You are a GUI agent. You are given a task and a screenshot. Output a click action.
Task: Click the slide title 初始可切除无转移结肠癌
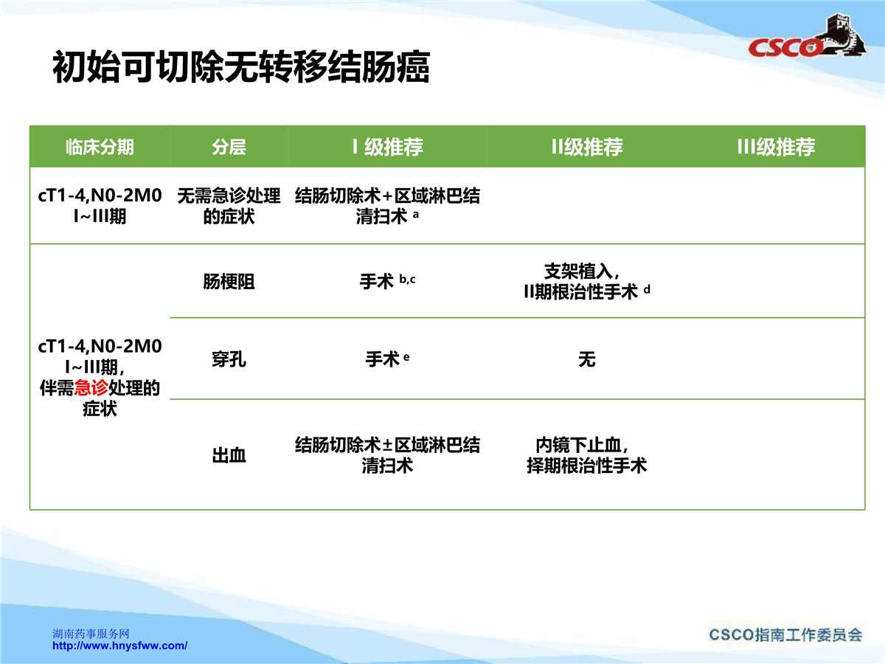pyautogui.click(x=241, y=67)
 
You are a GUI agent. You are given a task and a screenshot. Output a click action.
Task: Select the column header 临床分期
pyautogui.click(x=100, y=147)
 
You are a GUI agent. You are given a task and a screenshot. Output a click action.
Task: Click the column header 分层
pyautogui.click(x=229, y=147)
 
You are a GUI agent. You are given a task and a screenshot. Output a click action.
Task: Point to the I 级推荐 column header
pyautogui.click(x=388, y=147)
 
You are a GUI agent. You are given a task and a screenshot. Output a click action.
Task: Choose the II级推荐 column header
pyautogui.click(x=587, y=147)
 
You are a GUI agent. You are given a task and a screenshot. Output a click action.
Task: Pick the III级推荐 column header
pyautogui.click(x=776, y=147)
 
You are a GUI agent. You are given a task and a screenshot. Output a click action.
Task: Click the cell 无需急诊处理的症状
pyautogui.click(x=229, y=206)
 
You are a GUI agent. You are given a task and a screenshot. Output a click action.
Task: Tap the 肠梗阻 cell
pyautogui.click(x=229, y=282)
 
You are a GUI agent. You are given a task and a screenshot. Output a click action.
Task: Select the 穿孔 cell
pyautogui.click(x=229, y=359)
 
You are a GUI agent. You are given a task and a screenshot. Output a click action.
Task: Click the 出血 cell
pyautogui.click(x=229, y=455)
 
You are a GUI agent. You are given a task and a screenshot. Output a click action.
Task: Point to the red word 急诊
pyautogui.click(x=91, y=388)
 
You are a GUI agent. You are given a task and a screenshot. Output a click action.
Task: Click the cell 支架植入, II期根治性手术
pyautogui.click(x=586, y=281)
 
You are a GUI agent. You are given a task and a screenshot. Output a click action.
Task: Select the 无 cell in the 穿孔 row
pyautogui.click(x=587, y=359)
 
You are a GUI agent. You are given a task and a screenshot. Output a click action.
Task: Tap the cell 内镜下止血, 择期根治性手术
pyautogui.click(x=586, y=455)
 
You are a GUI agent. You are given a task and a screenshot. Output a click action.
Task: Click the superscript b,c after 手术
pyautogui.click(x=407, y=279)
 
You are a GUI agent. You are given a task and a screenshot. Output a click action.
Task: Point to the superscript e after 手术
pyautogui.click(x=406, y=357)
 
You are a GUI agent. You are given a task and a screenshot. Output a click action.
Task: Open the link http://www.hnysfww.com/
pyautogui.click(x=119, y=646)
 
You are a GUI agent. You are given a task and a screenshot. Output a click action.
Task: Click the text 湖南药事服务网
pyautogui.click(x=91, y=633)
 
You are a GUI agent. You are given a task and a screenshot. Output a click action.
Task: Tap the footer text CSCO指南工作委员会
pyautogui.click(x=785, y=635)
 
